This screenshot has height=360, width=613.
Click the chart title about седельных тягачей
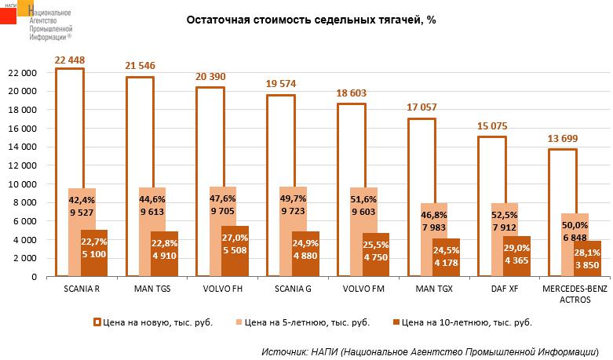[x=310, y=20]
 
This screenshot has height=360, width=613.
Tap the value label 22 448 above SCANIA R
[x=69, y=60]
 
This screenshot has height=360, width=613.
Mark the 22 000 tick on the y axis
[x=23, y=72]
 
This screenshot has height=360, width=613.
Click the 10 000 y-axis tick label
[x=23, y=184]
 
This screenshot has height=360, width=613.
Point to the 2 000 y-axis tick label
[x=25, y=258]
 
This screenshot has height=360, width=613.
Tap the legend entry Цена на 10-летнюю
[x=464, y=322]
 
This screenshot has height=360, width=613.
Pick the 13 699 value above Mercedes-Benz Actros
[x=563, y=140]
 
